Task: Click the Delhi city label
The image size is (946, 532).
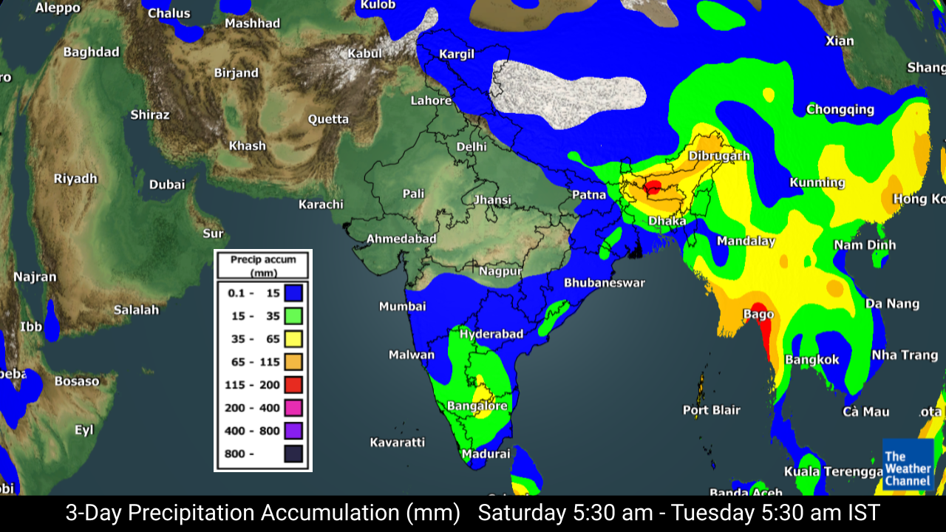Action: [472, 147]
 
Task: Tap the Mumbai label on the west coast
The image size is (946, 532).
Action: [402, 306]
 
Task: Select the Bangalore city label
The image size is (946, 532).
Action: [477, 406]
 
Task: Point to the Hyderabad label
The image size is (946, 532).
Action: [491, 334]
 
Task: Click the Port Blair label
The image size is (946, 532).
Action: [711, 410]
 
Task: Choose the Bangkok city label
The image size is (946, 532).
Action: [812, 360]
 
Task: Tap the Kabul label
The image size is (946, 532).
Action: [365, 53]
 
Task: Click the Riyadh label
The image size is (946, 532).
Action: [75, 179]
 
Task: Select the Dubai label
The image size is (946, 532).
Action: [167, 185]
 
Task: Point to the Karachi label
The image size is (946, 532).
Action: [321, 205]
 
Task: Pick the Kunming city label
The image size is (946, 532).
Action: [817, 183]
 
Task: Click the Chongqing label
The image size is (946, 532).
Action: [840, 109]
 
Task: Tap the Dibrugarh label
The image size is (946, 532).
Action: [718, 156]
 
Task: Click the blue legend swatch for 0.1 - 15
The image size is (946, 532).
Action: [293, 293]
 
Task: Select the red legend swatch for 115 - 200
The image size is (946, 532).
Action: [293, 385]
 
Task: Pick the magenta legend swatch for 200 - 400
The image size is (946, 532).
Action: [293, 408]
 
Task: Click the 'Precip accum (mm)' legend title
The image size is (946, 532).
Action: [263, 266]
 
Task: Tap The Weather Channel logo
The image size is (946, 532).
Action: [908, 464]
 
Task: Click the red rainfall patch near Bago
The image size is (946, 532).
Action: [761, 325]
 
